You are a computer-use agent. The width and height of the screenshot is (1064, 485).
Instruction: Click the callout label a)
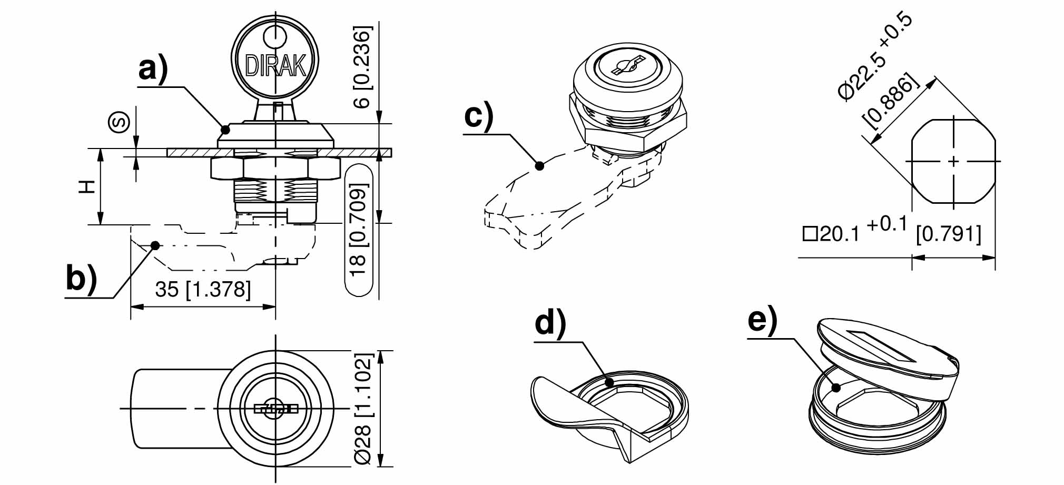click(153, 68)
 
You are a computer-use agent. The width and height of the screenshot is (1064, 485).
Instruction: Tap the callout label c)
click(478, 115)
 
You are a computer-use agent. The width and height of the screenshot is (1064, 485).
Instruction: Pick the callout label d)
click(550, 322)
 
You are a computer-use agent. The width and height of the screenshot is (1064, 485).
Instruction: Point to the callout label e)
click(762, 320)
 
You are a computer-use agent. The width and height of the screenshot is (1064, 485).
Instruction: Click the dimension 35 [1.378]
click(203, 289)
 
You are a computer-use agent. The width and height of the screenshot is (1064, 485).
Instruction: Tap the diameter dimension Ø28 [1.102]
click(363, 409)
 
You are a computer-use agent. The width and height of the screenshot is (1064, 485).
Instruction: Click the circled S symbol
click(119, 123)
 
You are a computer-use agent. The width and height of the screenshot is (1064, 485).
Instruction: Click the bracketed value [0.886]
click(890, 103)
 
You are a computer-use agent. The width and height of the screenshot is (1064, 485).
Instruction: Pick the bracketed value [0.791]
click(949, 233)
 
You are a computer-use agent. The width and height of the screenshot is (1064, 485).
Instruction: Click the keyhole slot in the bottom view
click(275, 409)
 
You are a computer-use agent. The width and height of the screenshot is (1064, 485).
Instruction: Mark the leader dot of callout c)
click(539, 166)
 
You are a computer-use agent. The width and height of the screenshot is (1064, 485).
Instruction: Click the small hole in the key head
click(275, 37)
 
